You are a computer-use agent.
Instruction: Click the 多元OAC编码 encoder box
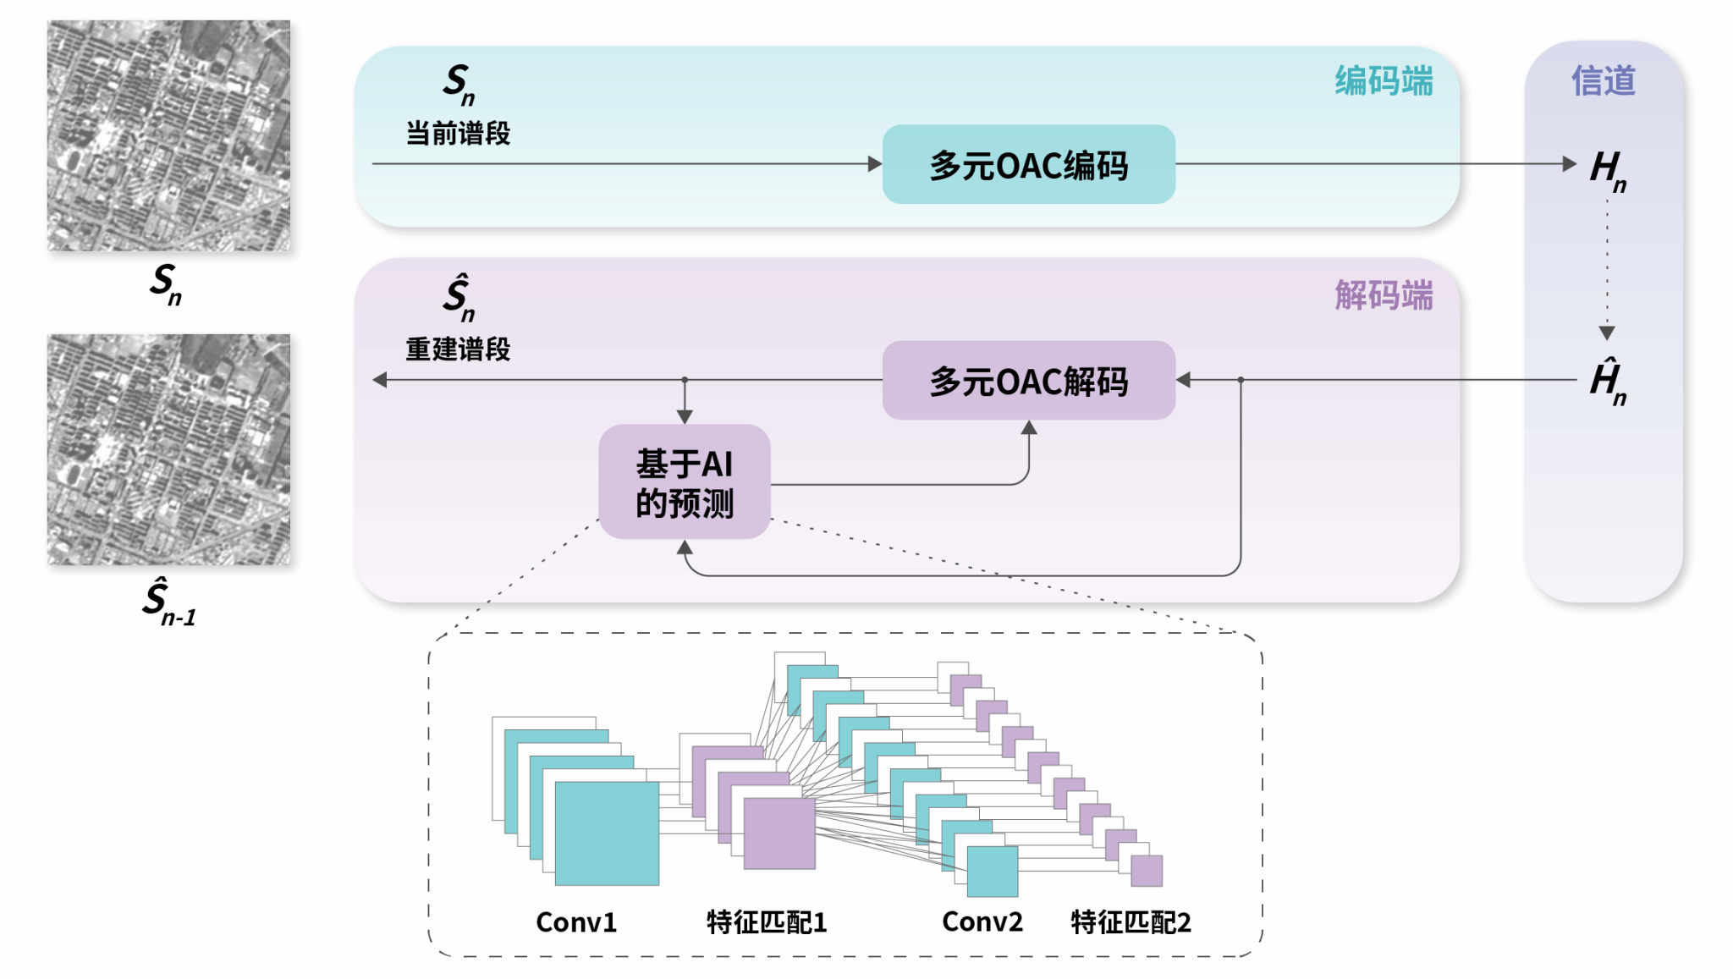pyautogui.click(x=1028, y=165)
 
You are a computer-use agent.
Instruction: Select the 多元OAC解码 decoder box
pyautogui.click(x=1028, y=381)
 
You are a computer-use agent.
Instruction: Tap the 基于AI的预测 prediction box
pyautogui.click(x=685, y=482)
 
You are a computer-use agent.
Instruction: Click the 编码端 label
pyautogui.click(x=1384, y=81)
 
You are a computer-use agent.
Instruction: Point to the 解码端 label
pyautogui.click(x=1384, y=296)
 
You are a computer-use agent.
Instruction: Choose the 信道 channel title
pyautogui.click(x=1604, y=81)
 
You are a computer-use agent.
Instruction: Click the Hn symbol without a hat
pyautogui.click(x=1607, y=169)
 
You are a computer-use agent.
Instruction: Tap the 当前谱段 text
pyautogui.click(x=458, y=134)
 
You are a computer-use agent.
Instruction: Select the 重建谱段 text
pyautogui.click(x=458, y=349)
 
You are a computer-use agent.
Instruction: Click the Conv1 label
pyautogui.click(x=576, y=922)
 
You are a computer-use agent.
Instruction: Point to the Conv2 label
pyautogui.click(x=982, y=922)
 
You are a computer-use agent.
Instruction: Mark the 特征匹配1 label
pyautogui.click(x=767, y=922)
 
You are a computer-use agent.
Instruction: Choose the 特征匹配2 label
pyautogui.click(x=1131, y=922)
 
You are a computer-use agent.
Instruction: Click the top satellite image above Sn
pyautogui.click(x=168, y=135)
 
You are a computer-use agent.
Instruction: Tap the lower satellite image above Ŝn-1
pyautogui.click(x=168, y=449)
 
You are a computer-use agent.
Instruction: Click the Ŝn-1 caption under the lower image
pyautogui.click(x=168, y=602)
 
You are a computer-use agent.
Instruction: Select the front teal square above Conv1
pyautogui.click(x=607, y=833)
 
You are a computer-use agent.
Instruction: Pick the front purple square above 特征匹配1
pyautogui.click(x=779, y=833)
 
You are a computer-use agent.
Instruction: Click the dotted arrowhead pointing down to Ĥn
pyautogui.click(x=1607, y=333)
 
